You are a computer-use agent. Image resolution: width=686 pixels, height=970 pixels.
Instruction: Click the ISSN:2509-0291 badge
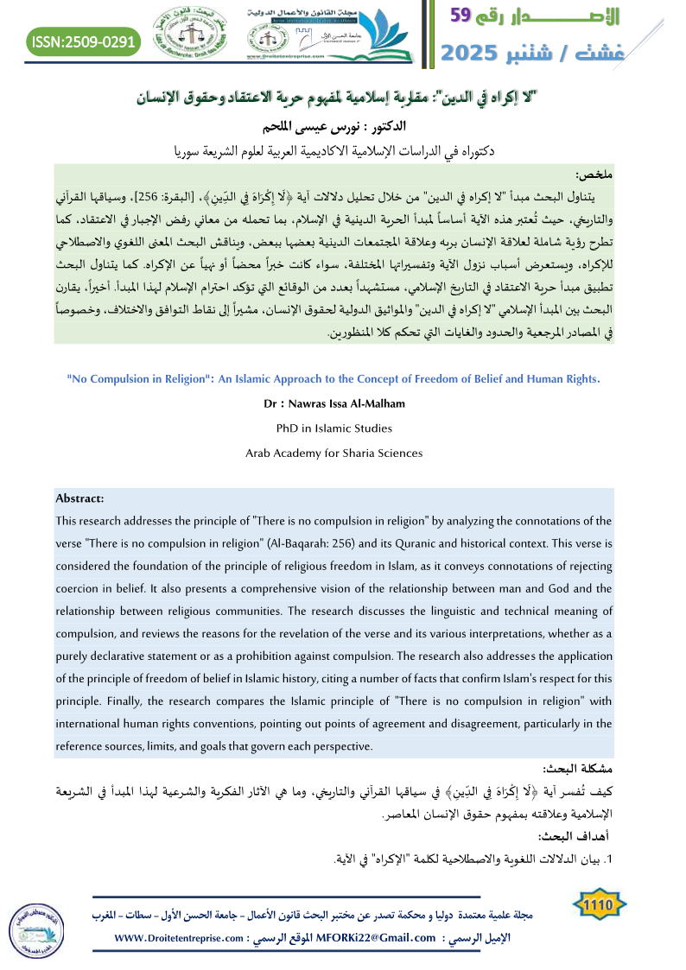83,40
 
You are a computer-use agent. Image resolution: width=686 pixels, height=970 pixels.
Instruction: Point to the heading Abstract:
79,498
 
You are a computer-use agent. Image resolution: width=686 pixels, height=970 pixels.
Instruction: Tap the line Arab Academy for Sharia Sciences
333,453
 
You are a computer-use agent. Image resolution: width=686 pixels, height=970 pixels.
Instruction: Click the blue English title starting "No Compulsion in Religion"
333,378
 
